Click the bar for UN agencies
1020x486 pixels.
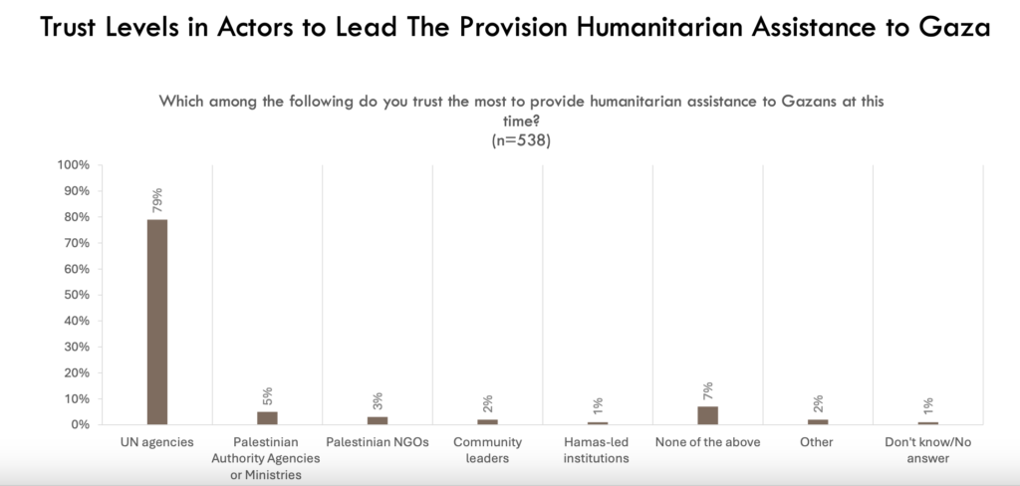[157, 322]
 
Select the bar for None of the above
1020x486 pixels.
[707, 414]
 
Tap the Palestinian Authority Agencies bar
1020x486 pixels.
[267, 417]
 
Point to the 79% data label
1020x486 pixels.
[157, 199]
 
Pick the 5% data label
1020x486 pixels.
[267, 396]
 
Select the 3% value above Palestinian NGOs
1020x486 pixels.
[378, 402]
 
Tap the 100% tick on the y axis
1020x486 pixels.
[76, 164]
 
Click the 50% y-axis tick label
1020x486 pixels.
[79, 295]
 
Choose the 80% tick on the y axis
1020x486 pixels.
[79, 217]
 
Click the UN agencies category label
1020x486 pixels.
[157, 441]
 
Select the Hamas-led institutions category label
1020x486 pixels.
[597, 449]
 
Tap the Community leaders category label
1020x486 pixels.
[487, 449]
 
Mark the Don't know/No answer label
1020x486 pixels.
[927, 449]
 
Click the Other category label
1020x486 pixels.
[817, 441]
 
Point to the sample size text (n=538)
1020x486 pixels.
[522, 139]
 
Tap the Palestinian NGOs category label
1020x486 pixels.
[378, 441]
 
